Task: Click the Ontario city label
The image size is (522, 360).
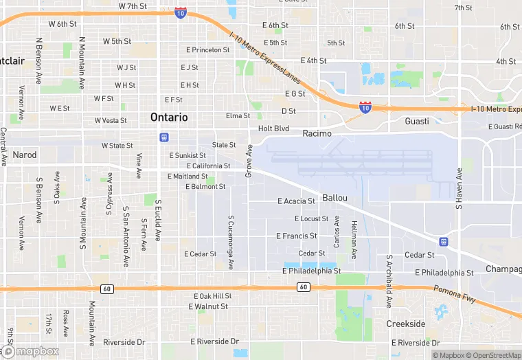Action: point(169,117)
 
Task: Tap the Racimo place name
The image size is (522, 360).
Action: point(317,133)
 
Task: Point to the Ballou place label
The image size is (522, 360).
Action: point(334,198)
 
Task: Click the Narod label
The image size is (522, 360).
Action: point(24,155)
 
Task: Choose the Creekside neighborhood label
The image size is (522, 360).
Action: point(405,324)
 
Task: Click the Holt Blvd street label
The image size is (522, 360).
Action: point(273,128)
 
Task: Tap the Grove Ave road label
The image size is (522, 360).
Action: point(249,161)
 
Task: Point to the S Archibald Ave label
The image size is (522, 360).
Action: point(389,282)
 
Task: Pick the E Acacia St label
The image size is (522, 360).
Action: point(296,201)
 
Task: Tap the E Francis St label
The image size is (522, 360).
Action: point(296,236)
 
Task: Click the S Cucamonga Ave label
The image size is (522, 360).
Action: point(231,242)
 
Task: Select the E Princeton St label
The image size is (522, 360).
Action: point(208,50)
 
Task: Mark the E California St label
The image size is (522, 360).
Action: point(208,166)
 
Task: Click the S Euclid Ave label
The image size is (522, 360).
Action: point(158,221)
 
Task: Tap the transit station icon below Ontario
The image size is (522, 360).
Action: point(163,137)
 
